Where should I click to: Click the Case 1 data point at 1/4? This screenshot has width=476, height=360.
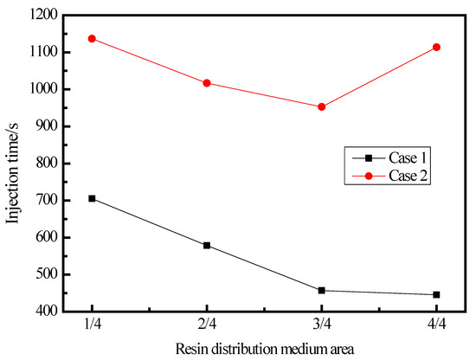pyautogui.click(x=92, y=198)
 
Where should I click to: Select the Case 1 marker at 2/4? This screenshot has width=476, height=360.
pyautogui.click(x=207, y=245)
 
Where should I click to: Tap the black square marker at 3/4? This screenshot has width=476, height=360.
pyautogui.click(x=322, y=290)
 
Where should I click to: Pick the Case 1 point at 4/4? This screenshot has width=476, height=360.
pyautogui.click(x=437, y=294)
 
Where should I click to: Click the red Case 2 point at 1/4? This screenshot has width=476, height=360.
pyautogui.click(x=92, y=38)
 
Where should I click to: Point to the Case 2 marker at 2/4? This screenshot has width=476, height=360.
pyautogui.click(x=207, y=83)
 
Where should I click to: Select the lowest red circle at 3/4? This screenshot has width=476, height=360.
pyautogui.click(x=322, y=106)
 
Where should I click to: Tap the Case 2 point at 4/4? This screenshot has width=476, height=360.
pyautogui.click(x=437, y=47)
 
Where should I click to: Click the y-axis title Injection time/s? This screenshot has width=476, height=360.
pyautogui.click(x=15, y=163)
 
